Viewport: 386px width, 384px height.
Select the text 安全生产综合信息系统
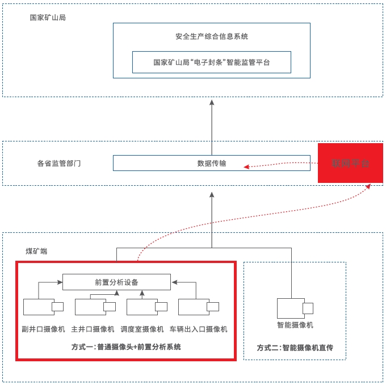click(211, 36)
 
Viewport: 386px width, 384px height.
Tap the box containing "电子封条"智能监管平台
click(211, 62)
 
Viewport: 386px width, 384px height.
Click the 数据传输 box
click(211, 163)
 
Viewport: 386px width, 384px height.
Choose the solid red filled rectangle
click(350, 163)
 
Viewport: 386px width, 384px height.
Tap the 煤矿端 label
click(37, 251)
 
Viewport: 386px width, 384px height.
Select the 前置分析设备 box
click(116, 282)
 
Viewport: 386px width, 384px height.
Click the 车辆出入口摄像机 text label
click(198, 329)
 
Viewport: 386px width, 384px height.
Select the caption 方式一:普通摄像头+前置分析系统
click(126, 347)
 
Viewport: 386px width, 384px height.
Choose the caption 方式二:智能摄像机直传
click(293, 348)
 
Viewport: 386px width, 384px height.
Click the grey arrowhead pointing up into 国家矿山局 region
click(211, 103)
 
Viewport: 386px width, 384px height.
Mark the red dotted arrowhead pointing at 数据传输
click(247, 166)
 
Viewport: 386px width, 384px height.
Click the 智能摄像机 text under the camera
click(295, 325)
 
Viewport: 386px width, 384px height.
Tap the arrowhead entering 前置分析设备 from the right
click(174, 281)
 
